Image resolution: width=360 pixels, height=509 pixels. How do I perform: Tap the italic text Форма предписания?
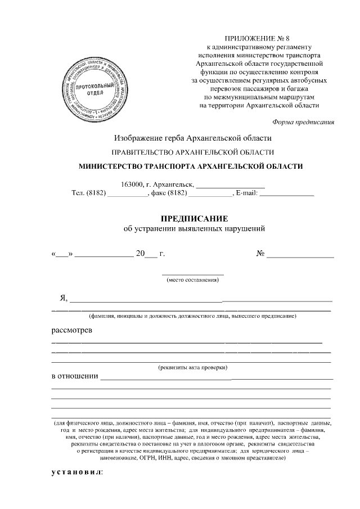303,121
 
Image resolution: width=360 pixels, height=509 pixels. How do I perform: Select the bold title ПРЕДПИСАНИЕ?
193,219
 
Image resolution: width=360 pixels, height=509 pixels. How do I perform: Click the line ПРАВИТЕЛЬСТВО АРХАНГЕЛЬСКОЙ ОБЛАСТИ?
193,152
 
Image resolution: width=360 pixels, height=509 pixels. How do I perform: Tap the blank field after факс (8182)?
210,193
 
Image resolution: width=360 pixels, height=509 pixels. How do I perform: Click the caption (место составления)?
193,280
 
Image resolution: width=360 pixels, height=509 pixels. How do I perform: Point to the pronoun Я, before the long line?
56,297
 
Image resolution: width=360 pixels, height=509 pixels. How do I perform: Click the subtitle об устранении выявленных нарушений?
193,229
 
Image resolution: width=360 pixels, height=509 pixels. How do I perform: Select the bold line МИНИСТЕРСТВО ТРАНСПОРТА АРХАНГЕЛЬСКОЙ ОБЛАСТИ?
193,166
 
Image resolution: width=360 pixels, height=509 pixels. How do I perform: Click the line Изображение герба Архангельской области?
193,137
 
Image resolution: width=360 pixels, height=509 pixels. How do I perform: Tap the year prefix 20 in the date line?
140,254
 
